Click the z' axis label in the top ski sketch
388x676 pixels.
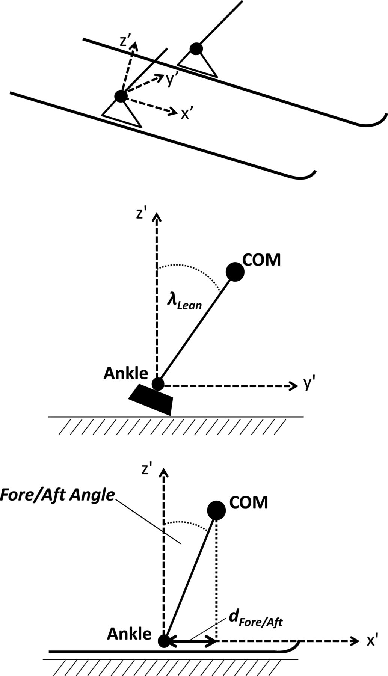click(x=125, y=41)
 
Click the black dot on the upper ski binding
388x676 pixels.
click(x=196, y=49)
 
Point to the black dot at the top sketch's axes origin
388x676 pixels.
click(x=121, y=96)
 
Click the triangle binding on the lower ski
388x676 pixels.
click(x=122, y=114)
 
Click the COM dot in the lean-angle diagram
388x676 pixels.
click(x=236, y=272)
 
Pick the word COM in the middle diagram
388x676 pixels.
click(x=262, y=260)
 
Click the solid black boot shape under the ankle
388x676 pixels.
click(x=151, y=399)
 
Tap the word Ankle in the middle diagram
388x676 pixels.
click(x=126, y=373)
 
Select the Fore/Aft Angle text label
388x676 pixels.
click(x=57, y=494)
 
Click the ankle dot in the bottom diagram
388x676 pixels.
click(x=164, y=641)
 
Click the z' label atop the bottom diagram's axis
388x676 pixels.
click(x=147, y=469)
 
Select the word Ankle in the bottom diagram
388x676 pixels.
click(x=129, y=634)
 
